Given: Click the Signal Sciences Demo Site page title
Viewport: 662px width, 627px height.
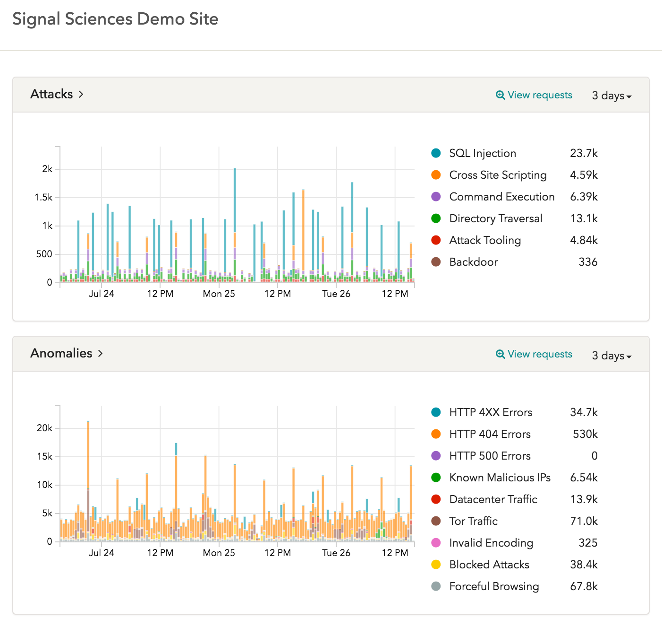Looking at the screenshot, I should coord(115,19).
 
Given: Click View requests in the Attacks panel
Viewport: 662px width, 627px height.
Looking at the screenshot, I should coord(534,95).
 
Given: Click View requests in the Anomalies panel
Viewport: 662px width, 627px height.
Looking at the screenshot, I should coord(534,354).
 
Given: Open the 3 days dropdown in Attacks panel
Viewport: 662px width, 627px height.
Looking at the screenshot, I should coord(611,96).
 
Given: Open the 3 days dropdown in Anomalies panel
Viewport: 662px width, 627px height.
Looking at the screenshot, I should coord(611,356).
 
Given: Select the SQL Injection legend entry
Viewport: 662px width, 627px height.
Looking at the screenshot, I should coord(482,153).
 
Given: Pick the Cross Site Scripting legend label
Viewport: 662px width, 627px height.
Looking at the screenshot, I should coord(498,175).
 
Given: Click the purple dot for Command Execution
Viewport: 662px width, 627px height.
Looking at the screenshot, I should coord(436,197).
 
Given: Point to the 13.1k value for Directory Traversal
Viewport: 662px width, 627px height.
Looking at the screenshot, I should coord(584,218).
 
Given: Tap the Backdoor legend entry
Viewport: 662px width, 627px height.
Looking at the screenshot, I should coord(473,262).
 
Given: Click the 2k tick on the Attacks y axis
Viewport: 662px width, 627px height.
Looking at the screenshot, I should coord(47,169).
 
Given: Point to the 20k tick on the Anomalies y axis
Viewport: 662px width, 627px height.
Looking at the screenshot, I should coord(44,428).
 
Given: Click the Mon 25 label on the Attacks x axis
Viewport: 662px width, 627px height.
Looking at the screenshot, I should coord(219,294).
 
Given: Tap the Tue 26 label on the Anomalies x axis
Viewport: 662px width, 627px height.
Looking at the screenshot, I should coord(336,553).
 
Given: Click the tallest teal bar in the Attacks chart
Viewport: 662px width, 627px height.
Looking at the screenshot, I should coord(235,199).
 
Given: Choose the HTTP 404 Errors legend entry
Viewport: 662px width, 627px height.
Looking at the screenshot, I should coord(490,434).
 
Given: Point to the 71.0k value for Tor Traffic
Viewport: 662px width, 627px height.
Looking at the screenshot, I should coord(584,521).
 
